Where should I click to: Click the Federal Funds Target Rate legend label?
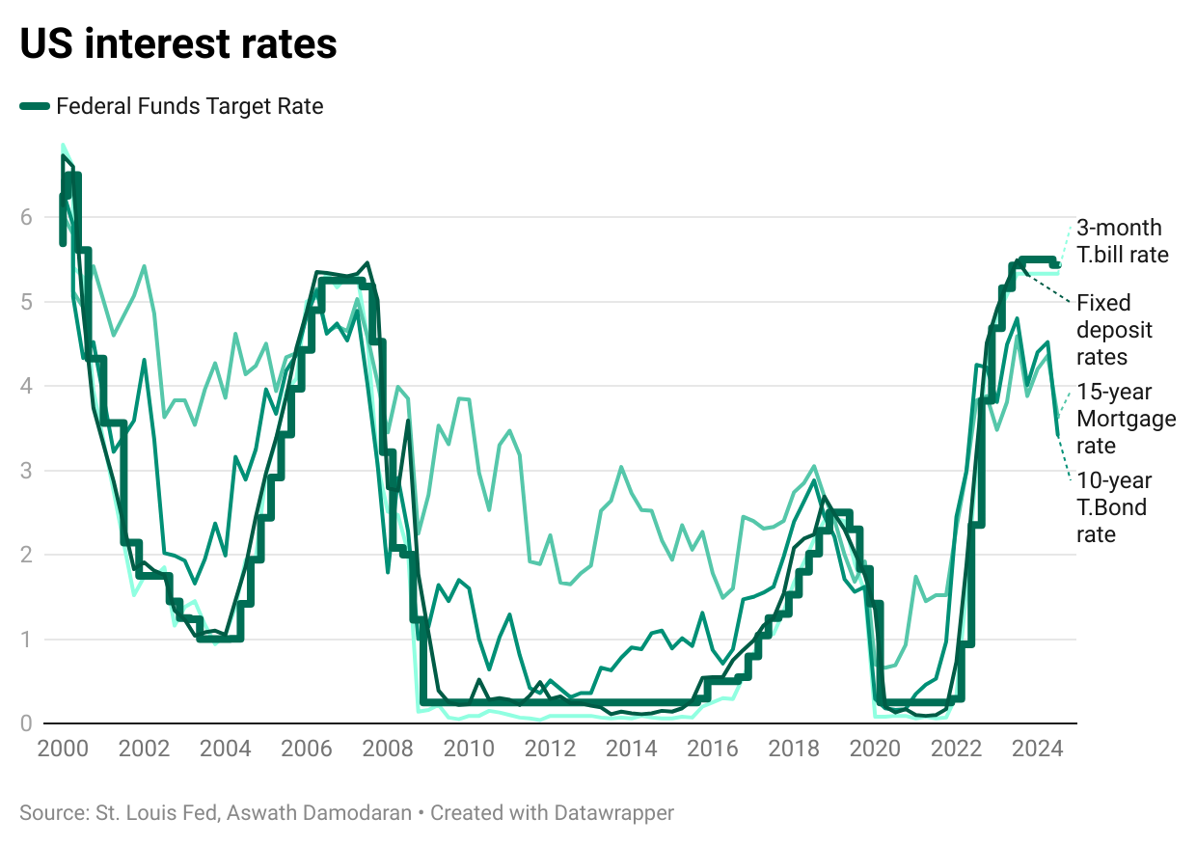pos(190,106)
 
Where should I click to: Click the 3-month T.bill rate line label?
pos(1122,241)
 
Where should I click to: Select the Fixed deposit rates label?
pos(1114,329)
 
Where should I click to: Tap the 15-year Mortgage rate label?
pos(1126,419)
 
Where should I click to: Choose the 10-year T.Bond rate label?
pos(1114,507)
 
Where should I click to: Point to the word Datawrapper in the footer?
pos(613,813)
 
